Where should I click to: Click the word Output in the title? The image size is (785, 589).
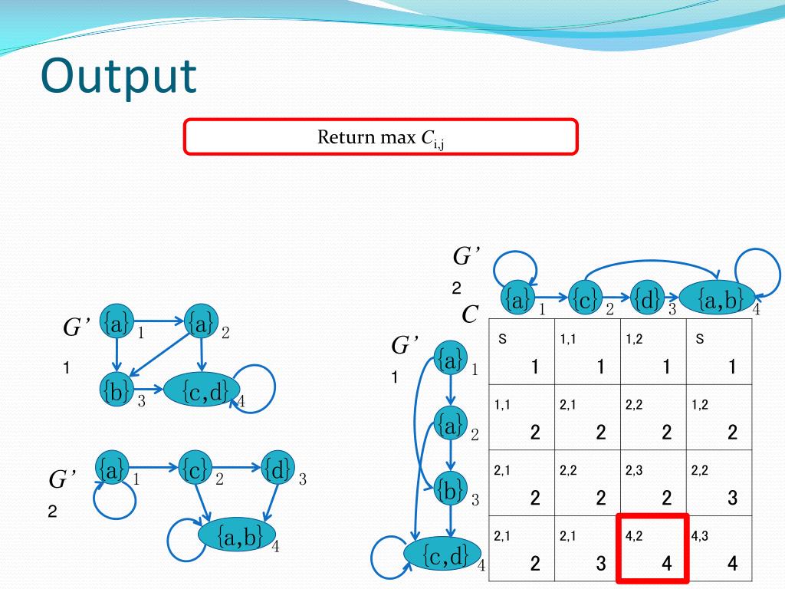[119, 77]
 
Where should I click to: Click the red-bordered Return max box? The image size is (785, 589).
[379, 137]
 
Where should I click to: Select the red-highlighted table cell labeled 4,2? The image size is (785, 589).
[654, 548]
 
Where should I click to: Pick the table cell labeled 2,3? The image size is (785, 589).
[654, 482]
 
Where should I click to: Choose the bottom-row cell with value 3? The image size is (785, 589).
[588, 548]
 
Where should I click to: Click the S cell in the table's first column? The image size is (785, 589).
[522, 352]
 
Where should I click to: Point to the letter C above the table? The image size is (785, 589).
[471, 315]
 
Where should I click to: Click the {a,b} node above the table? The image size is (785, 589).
[716, 299]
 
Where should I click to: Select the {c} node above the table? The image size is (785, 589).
[585, 298]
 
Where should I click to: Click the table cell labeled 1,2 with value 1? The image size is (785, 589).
[654, 352]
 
